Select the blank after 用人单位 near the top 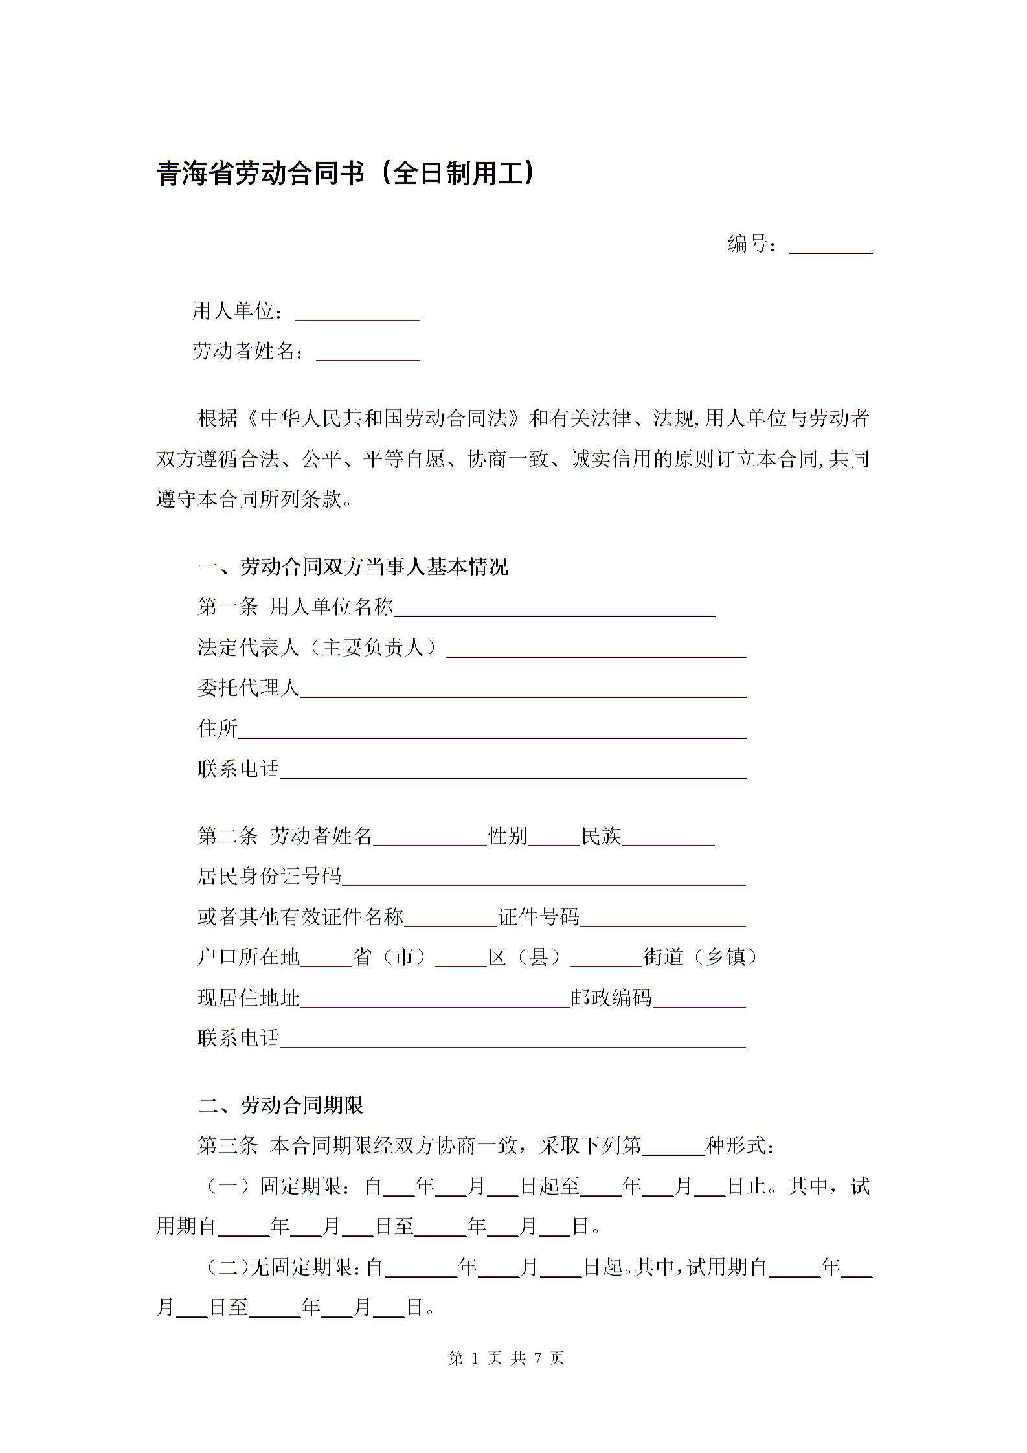click(x=357, y=313)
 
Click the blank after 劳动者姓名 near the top click(x=368, y=354)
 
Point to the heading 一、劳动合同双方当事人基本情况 click(x=353, y=567)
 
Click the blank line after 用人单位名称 click(x=554, y=609)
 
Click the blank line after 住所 click(x=492, y=730)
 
